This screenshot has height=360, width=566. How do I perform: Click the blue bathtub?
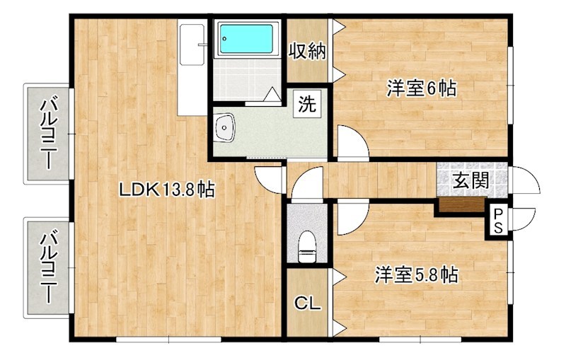pos(246,39)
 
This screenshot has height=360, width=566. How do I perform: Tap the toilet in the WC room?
pos(307,247)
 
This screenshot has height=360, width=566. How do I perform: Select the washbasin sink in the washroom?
pos(224,127)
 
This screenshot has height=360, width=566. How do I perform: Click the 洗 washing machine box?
pos(307,104)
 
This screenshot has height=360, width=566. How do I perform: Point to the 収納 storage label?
pos(307,52)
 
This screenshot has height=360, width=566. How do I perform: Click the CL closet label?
pos(307,303)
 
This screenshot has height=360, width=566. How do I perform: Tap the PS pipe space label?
pos(498,221)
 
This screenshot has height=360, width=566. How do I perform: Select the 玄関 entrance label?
pos(471,180)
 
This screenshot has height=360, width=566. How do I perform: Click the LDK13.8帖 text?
pos(167,190)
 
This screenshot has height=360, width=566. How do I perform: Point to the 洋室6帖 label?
pos(422,88)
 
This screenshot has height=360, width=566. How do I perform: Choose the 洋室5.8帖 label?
pos(416,275)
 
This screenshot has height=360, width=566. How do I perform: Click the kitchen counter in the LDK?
pos(192,67)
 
